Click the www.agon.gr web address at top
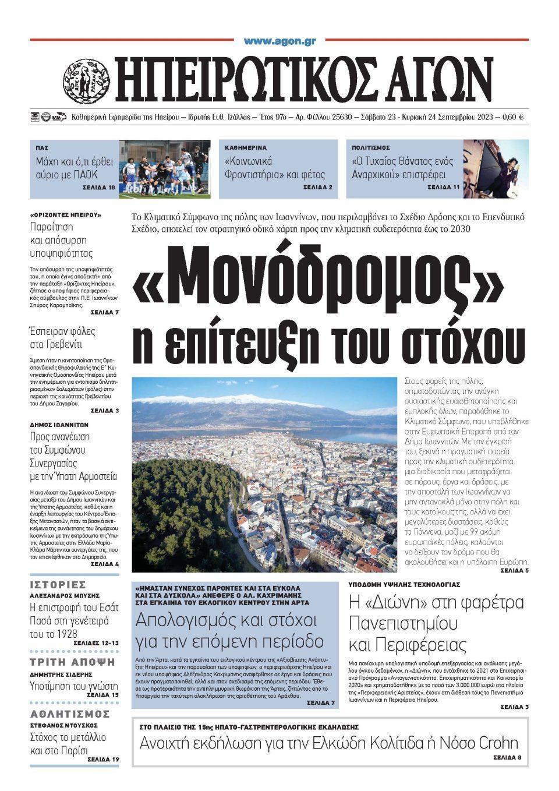pyautogui.click(x=279, y=41)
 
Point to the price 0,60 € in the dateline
pyautogui.click(x=512, y=117)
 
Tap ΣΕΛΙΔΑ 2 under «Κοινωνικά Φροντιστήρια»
pyautogui.click(x=318, y=188)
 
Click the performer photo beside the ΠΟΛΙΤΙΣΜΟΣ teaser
pyautogui.click(x=496, y=169)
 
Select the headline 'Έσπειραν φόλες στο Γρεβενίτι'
pyautogui.click(x=62, y=339)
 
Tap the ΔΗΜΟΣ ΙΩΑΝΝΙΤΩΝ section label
pyautogui.click(x=58, y=425)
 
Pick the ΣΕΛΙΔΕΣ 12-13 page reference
pyautogui.click(x=96, y=643)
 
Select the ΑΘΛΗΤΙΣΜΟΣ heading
pyautogui.click(x=70, y=714)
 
